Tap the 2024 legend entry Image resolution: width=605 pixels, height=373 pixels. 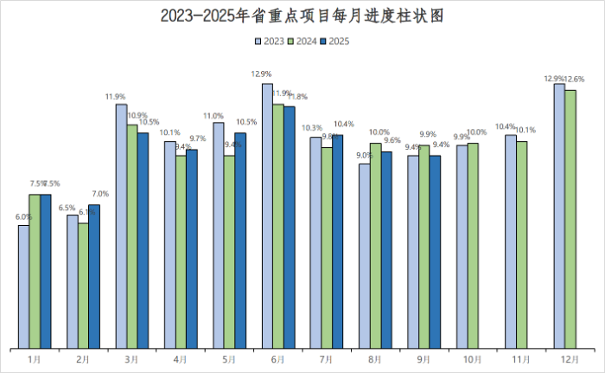(302, 41)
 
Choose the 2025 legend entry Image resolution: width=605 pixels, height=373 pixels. (334, 41)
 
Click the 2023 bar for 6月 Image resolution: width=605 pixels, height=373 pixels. (267, 216)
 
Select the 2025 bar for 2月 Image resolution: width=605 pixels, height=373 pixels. (94, 276)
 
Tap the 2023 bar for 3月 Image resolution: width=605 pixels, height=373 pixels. (121, 226)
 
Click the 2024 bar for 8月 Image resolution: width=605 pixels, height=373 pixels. (375, 246)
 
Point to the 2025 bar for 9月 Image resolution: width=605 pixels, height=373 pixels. (435, 252)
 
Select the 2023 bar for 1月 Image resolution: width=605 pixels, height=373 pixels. (23, 286)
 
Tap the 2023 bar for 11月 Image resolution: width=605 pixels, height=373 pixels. (511, 241)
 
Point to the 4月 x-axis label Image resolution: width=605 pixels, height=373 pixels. (180, 358)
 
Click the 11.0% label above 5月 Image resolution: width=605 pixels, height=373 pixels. (213, 116)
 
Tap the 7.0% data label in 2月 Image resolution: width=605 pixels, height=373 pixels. (100, 194)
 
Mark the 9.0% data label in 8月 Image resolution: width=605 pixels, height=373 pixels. (364, 156)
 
